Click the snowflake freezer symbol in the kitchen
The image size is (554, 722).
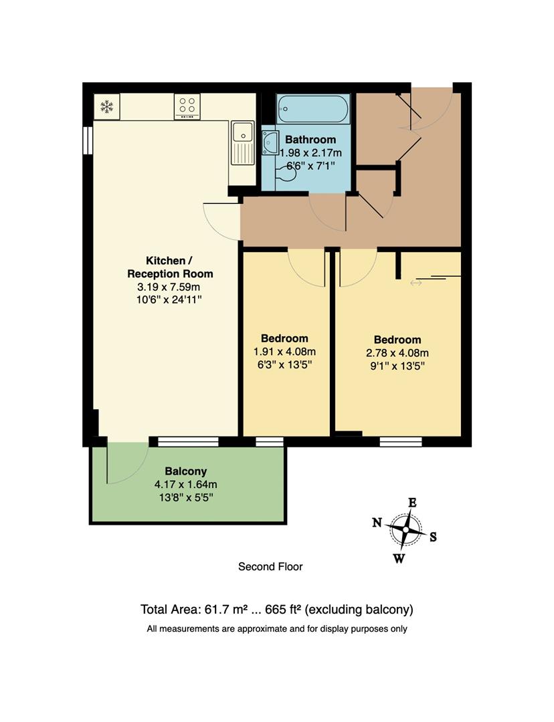(106, 106)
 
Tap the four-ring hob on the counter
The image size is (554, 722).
(187, 106)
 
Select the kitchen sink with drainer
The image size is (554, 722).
(242, 142)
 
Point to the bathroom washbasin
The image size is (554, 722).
(272, 142)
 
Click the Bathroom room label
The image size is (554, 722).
(310, 140)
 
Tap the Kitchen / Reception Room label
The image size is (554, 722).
(170, 267)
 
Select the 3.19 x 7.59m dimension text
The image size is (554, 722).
(170, 287)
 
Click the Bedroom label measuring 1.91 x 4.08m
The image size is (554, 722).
(284, 338)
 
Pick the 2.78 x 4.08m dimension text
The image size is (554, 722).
(397, 353)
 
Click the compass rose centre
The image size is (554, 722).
(405, 529)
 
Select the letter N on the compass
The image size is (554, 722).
(377, 523)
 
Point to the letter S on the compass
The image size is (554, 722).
(433, 536)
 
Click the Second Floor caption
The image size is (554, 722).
(270, 567)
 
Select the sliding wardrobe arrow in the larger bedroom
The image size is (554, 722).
(416, 283)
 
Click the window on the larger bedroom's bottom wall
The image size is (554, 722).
(400, 441)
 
